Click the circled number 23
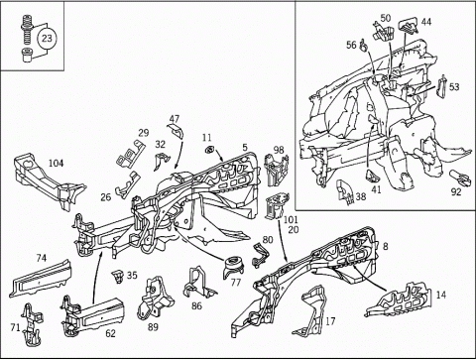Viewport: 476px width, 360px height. tap(47, 38)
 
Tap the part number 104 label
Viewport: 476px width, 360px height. tap(57, 163)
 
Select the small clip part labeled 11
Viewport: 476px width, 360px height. tap(209, 150)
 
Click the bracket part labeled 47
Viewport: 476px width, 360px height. tap(176, 130)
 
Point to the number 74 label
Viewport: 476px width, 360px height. tap(42, 258)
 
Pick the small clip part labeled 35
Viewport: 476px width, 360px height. tap(118, 277)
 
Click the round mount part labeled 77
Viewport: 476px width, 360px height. tap(234, 267)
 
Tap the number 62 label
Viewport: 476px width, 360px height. tap(110, 333)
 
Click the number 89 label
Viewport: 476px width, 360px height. tap(153, 327)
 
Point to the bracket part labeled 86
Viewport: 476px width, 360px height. tap(197, 283)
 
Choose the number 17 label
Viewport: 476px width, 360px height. tap(330, 320)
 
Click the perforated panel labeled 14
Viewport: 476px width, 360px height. tap(399, 300)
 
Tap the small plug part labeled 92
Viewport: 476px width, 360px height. tap(460, 178)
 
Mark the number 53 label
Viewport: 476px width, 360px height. tap(454, 86)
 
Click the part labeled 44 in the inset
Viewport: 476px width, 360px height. tap(409, 27)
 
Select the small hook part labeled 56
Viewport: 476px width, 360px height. tap(364, 46)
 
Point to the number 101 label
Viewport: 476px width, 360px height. tap(291, 219)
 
